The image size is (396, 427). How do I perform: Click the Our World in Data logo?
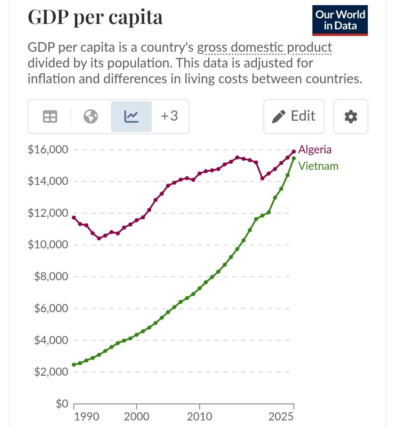tap(340, 21)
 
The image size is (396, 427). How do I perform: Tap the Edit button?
tap(294, 116)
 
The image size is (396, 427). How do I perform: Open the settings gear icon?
tap(351, 117)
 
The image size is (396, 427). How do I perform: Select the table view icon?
tap(50, 117)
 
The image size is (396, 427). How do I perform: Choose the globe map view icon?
tap(91, 117)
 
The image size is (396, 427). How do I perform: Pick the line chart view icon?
tap(132, 117)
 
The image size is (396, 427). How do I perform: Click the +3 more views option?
tap(169, 116)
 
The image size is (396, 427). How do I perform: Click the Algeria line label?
tap(315, 150)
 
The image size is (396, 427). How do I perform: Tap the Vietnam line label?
tap(318, 166)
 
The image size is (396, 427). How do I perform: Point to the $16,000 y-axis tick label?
tap(48, 150)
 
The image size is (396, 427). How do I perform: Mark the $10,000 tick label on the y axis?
tap(48, 245)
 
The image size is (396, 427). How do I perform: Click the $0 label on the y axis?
tap(62, 403)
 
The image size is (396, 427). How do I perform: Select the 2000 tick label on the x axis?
tap(137, 416)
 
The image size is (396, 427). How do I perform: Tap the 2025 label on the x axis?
tap(281, 416)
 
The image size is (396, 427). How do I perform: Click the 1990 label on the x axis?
tap(87, 416)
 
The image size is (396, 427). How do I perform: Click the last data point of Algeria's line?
tap(294, 152)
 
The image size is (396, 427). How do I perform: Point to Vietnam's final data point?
tap(294, 158)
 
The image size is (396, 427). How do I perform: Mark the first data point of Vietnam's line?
tap(74, 365)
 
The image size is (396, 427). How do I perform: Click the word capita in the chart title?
tap(136, 17)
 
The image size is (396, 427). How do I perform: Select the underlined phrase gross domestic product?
tap(264, 48)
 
